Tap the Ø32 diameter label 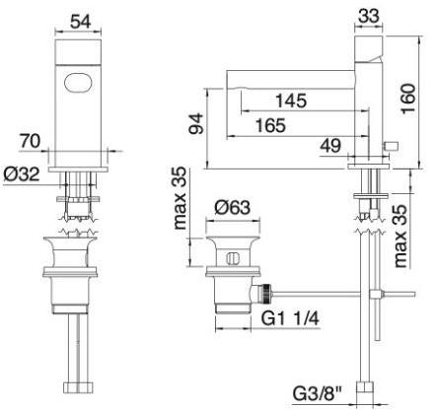point(22,174)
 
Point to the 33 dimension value point(370,17)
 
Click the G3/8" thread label point(318,392)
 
